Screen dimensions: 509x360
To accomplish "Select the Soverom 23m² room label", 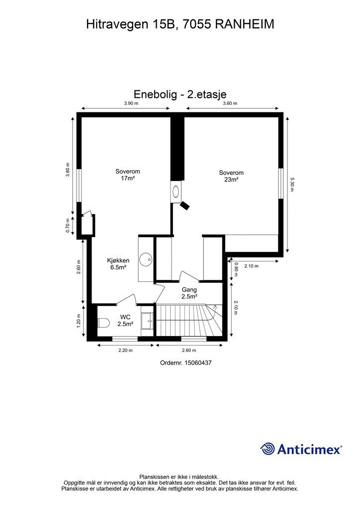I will click(x=231, y=176).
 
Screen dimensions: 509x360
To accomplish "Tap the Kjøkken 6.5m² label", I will click(x=118, y=263).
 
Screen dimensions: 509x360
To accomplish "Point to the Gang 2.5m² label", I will click(x=189, y=293).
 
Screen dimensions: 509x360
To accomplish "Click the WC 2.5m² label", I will click(x=125, y=320).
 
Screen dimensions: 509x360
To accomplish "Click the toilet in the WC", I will click(x=103, y=323).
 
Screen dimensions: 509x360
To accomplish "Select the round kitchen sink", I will click(x=145, y=259).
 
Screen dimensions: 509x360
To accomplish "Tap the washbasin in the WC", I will click(x=147, y=321).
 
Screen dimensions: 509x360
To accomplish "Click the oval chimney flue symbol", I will click(x=177, y=190).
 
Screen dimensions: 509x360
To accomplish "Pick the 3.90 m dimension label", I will click(x=131, y=103).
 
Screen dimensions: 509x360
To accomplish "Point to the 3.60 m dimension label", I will click(x=230, y=103).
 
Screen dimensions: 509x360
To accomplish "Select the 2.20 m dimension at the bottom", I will click(x=125, y=350).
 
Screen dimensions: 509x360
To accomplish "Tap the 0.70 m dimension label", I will click(x=69, y=226).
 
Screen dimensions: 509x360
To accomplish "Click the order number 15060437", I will click(x=186, y=363).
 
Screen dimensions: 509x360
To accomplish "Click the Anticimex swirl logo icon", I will click(x=268, y=449).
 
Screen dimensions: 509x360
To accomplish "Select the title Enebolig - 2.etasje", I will click(x=180, y=94).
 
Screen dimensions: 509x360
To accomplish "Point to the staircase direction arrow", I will click(x=215, y=311).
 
